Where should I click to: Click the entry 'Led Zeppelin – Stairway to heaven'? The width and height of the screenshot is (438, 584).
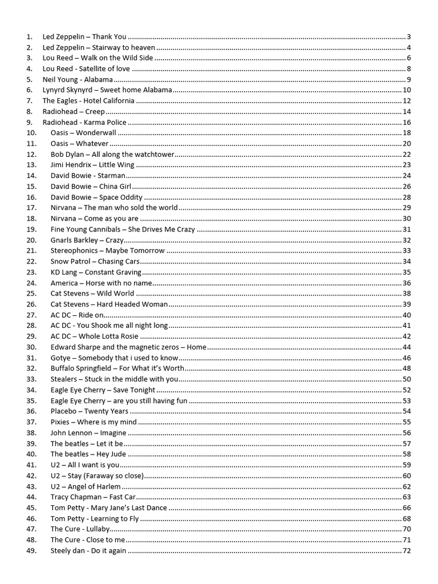pos(99,47)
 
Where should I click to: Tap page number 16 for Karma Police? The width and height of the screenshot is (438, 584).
pos(407,123)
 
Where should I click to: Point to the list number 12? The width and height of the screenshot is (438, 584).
pos(31,155)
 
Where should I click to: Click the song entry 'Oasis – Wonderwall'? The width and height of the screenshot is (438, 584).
pos(83,133)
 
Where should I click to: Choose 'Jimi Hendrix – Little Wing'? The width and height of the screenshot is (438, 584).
pos(92,165)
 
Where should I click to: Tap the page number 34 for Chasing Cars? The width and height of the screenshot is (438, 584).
pos(407,262)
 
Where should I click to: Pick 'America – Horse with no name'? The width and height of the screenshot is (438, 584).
pos(102,283)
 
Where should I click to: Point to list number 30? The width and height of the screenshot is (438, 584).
pos(31,347)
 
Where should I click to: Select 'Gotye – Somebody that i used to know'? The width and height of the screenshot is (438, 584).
pos(115,358)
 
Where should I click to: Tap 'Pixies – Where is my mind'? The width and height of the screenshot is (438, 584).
pos(94,422)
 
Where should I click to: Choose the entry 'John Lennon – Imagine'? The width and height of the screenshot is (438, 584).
pos(88,433)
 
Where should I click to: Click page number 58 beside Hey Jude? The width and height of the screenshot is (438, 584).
pos(407,455)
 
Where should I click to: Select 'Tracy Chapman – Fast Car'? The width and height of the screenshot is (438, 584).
pos(89,497)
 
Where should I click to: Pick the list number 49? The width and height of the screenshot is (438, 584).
pos(31,551)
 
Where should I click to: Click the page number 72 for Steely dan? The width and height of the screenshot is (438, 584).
pos(407,551)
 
